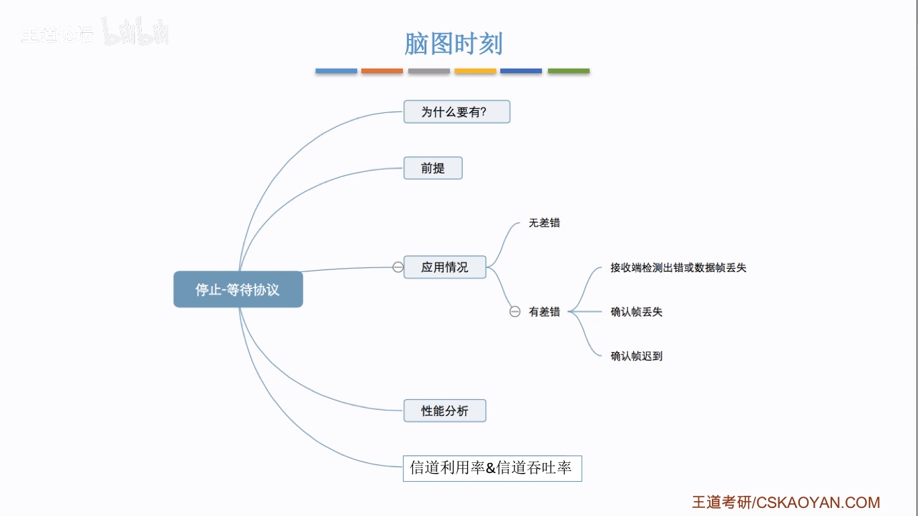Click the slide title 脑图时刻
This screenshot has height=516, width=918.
(453, 44)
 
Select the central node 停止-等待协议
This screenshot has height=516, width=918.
(238, 290)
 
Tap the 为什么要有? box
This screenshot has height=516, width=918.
(457, 112)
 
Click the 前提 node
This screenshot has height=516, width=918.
(432, 168)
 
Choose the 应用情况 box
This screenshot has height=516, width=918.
(445, 267)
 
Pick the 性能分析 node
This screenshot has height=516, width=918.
(445, 411)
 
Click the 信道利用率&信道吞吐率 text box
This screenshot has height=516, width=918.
(492, 468)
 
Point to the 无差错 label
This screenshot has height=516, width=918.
(544, 223)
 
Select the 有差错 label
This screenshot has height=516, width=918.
(544, 312)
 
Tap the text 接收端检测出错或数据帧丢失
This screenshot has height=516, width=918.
(678, 267)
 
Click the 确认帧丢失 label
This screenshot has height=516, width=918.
(637, 312)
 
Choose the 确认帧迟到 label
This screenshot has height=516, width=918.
(637, 356)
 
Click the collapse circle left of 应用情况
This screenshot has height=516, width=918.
(398, 267)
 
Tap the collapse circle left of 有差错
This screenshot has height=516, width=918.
(515, 312)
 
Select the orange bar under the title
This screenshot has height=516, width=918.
(382, 71)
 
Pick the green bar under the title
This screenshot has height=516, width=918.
(569, 71)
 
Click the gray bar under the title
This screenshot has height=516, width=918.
(429, 71)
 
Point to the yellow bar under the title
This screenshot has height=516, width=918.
(475, 71)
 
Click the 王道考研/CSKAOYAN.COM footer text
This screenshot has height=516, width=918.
(786, 503)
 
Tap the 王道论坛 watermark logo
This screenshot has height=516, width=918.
(57, 35)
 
